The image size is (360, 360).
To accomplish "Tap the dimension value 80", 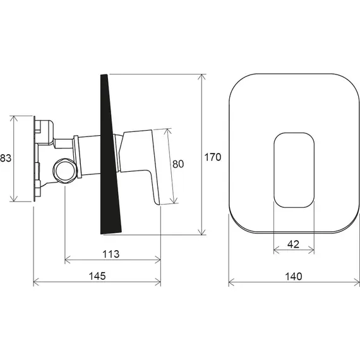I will point(178,164).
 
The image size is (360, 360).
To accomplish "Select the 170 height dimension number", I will point(213,157).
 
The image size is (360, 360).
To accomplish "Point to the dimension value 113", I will point(111,254).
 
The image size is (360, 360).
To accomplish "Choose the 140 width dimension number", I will point(293,276).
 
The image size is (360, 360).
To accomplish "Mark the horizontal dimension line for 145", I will point(63,282).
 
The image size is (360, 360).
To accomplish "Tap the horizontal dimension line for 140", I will point(265,282).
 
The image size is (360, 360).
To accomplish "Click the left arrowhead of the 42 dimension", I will point(276,250).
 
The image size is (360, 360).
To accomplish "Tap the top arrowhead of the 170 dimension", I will point(202,76).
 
